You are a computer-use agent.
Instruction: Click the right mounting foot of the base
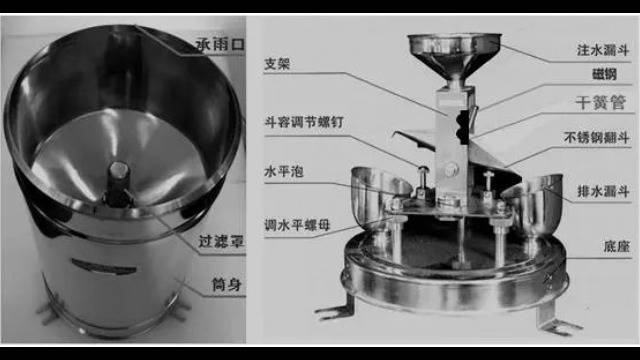click(555, 316)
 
